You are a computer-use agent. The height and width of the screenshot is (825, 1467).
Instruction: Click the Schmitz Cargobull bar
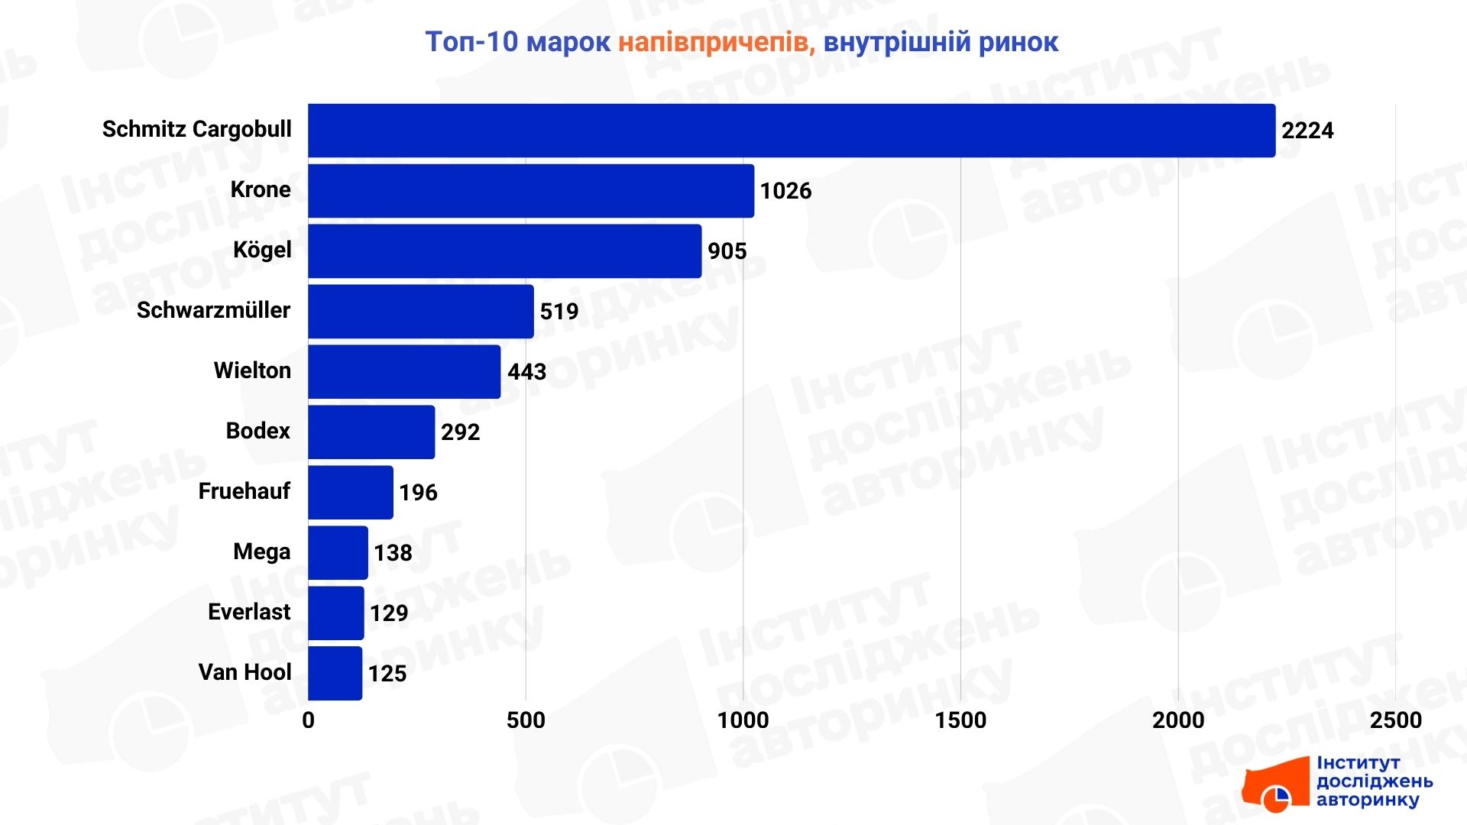(x=792, y=131)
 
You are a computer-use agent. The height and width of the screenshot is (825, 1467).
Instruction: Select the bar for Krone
(x=531, y=191)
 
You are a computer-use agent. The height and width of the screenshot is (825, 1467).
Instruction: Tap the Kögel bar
(x=504, y=251)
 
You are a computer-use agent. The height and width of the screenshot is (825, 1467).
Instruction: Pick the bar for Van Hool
(x=335, y=673)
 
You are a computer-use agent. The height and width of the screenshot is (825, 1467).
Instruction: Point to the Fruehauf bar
(x=351, y=493)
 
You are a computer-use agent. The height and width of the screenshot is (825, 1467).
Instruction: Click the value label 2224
(x=1307, y=131)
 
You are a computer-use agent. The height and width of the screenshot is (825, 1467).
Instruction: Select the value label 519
(x=559, y=312)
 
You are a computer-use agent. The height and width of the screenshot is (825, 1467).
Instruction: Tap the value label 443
(x=527, y=372)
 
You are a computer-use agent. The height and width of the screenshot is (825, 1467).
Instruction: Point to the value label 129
(x=389, y=613)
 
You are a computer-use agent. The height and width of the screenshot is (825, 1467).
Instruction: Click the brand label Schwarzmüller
(x=213, y=310)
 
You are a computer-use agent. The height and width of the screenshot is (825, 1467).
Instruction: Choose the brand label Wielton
(x=252, y=370)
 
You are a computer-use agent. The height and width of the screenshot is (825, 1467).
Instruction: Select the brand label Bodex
(x=257, y=431)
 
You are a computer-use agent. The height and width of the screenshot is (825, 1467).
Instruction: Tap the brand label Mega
(x=261, y=552)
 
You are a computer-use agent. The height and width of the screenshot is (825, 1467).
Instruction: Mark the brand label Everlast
(x=249, y=612)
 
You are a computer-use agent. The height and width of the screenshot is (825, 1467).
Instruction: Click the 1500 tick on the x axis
(x=960, y=720)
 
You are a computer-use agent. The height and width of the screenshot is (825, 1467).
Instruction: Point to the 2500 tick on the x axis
(x=1395, y=720)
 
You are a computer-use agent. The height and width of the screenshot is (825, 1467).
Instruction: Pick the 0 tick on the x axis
(x=308, y=720)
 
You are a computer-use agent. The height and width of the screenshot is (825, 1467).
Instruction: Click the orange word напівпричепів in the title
(x=717, y=43)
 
